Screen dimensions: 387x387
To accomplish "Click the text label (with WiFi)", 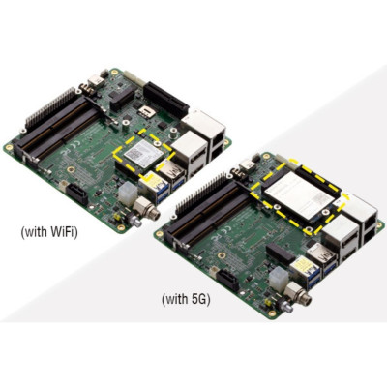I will pos(51,233).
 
